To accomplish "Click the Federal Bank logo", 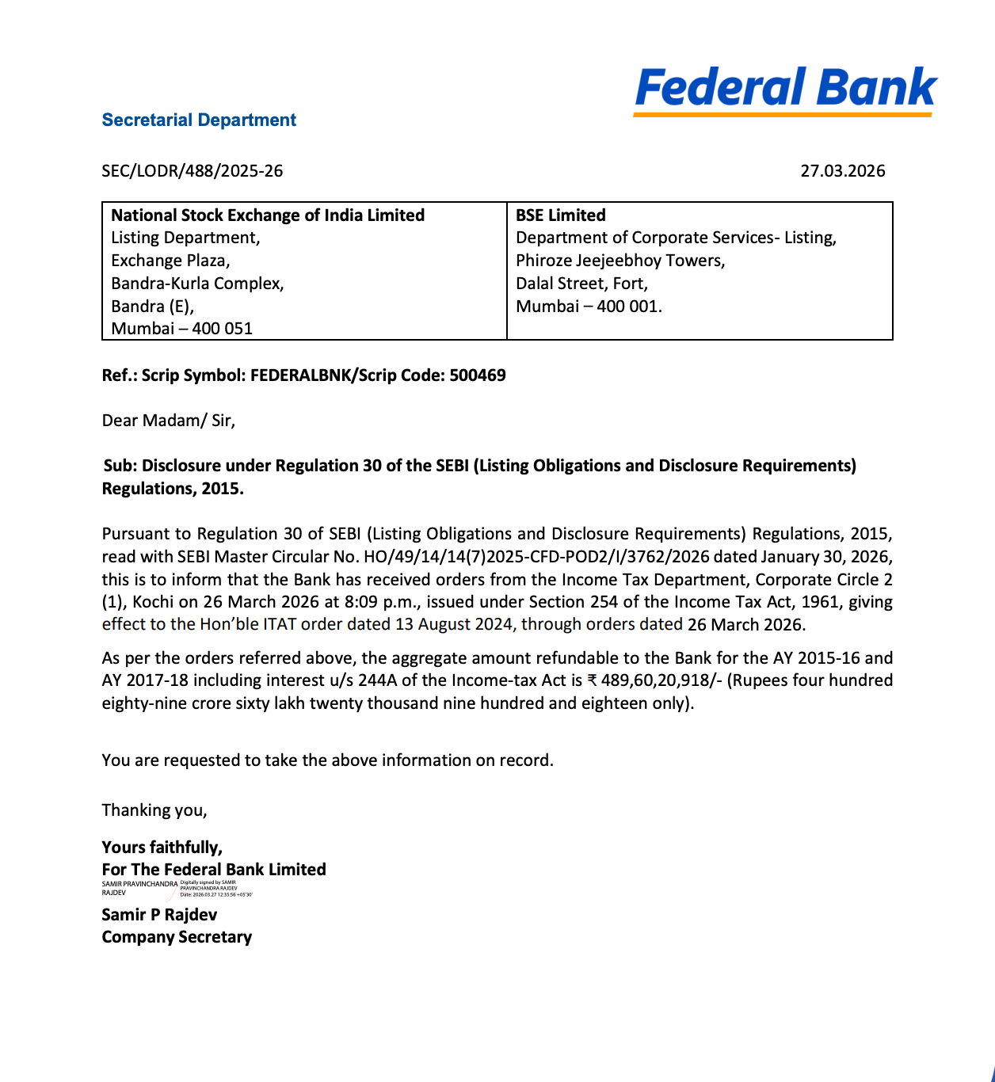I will [x=785, y=90].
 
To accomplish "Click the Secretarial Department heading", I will [x=199, y=120].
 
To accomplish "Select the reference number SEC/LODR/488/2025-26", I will [x=193, y=171].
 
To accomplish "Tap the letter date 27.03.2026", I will [x=842, y=171].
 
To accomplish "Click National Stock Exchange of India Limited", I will [x=268, y=215].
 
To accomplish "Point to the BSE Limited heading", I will [x=561, y=215].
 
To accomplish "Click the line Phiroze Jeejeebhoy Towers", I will [x=620, y=261].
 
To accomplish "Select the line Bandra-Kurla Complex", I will [x=197, y=284].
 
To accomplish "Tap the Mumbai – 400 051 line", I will [x=182, y=329].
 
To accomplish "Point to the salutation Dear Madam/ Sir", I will [x=169, y=421].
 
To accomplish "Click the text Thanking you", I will [x=154, y=810].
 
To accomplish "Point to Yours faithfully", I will [x=162, y=848].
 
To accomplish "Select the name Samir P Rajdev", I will [x=159, y=915].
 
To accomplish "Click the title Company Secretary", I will [x=177, y=937].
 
